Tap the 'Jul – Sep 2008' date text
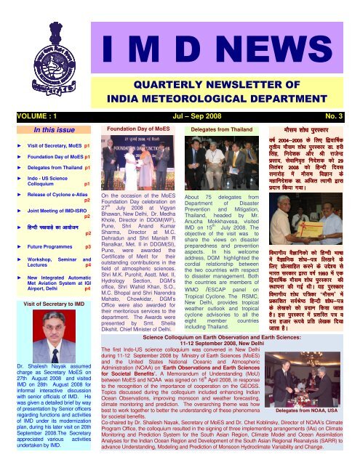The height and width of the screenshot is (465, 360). point(181,92)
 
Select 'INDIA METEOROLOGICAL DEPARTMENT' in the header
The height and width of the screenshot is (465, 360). point(217,77)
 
